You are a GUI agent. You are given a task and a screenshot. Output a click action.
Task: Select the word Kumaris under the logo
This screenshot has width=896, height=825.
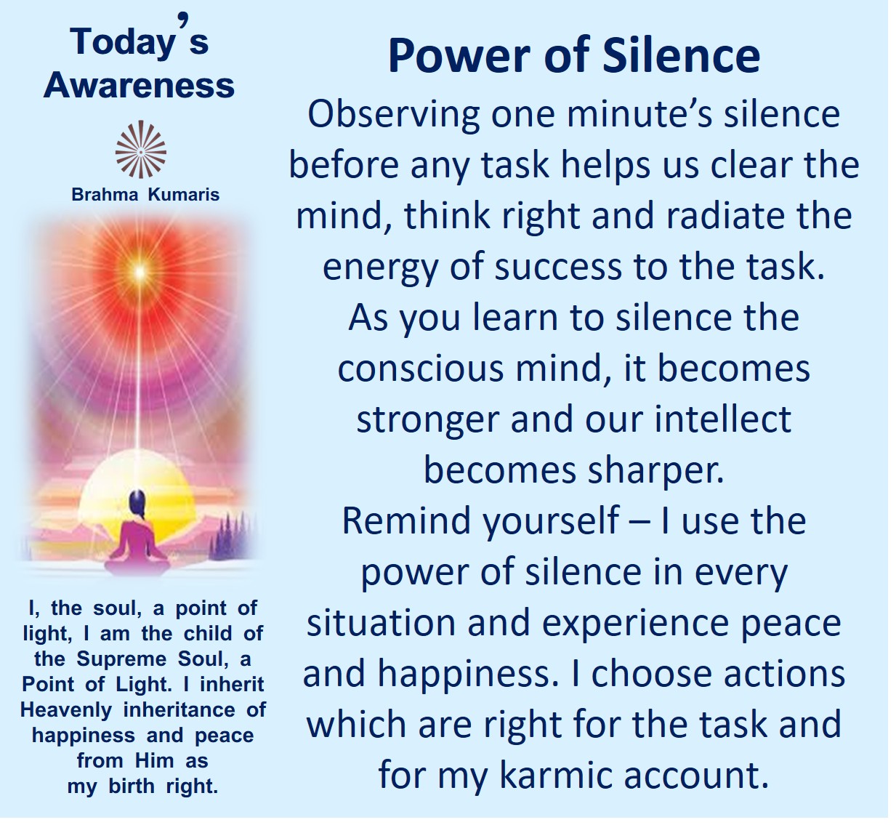[x=184, y=195]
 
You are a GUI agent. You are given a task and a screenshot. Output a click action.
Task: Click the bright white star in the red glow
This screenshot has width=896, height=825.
[x=140, y=271]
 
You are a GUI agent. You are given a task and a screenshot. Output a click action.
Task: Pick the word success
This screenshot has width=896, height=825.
[x=559, y=267]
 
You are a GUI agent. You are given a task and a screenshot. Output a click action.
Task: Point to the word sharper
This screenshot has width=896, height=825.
[x=656, y=473]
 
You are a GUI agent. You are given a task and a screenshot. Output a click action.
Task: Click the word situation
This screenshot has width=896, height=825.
[x=381, y=623]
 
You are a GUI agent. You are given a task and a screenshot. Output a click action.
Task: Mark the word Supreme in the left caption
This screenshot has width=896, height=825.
[x=121, y=660]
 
